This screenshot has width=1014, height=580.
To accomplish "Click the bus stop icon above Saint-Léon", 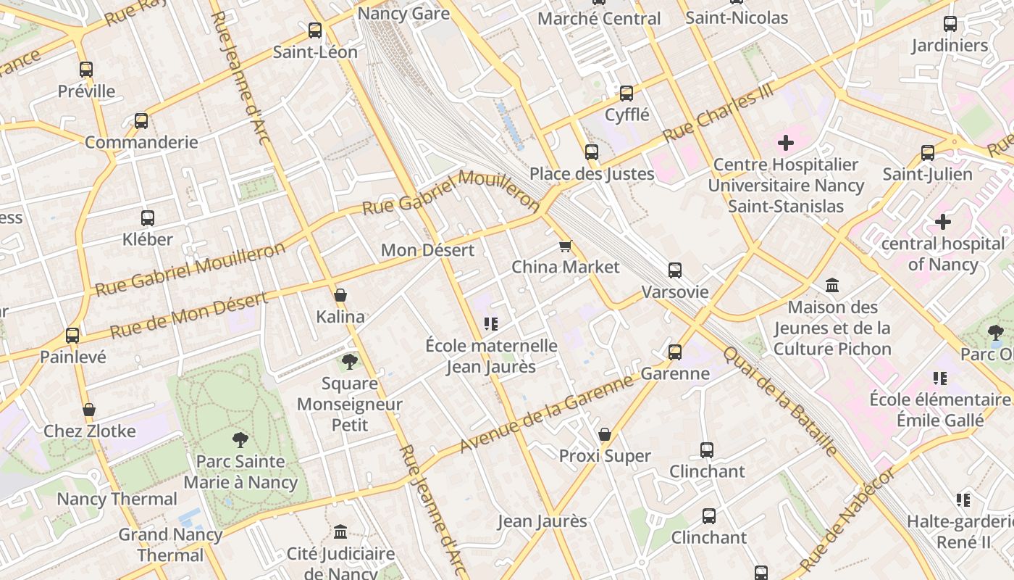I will [x=315, y=30].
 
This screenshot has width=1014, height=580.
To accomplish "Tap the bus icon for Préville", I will [x=86, y=70].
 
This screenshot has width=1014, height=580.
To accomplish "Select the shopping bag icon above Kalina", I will [x=340, y=295].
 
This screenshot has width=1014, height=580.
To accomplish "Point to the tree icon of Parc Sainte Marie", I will [x=240, y=439].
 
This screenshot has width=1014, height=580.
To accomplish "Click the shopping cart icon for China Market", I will [x=566, y=246].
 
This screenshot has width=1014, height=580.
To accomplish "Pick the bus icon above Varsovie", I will [x=675, y=270].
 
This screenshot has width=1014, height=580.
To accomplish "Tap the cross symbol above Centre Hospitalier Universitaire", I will [x=786, y=143].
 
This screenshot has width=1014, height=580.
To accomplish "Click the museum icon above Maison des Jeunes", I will [x=832, y=286].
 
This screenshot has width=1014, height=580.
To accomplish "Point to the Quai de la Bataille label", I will [x=780, y=400].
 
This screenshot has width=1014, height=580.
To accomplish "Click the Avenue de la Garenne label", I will [x=547, y=414].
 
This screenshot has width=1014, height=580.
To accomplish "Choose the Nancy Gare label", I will [x=403, y=13].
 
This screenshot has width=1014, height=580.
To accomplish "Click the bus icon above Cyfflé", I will [x=627, y=94].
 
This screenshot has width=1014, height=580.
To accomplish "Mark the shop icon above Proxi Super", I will [x=605, y=434].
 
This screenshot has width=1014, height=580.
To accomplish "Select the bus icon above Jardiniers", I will [x=950, y=24].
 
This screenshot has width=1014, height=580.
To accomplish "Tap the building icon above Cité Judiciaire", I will [x=340, y=532].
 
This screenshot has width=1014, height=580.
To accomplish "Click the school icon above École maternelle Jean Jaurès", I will [x=491, y=324].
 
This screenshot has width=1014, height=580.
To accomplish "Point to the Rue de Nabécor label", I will [x=848, y=519].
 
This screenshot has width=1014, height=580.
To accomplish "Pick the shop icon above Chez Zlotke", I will [x=89, y=410].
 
